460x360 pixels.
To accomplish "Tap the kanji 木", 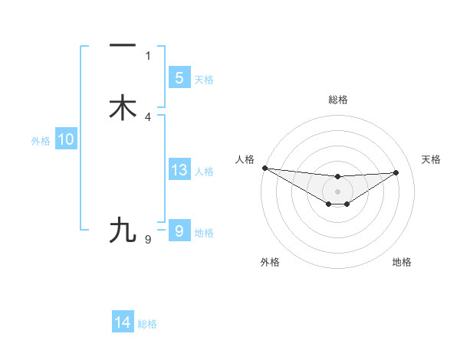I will click(123, 108).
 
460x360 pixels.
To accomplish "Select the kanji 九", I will click(123, 230).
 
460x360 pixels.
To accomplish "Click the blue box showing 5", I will click(179, 77).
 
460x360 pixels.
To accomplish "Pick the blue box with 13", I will click(179, 170).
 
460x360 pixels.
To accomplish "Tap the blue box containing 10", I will click(66, 139).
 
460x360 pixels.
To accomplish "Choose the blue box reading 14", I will click(123, 322).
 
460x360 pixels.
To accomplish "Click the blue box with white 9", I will click(179, 231).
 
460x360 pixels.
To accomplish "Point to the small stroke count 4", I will click(148, 116).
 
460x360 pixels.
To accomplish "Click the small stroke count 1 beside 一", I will click(148, 55).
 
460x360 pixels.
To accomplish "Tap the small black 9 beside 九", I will click(148, 240).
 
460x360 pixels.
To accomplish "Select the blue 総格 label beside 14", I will click(147, 324).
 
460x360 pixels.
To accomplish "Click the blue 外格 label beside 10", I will click(41, 141).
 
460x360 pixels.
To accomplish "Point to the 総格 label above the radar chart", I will click(338, 100).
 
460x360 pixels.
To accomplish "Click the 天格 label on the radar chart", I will click(432, 159).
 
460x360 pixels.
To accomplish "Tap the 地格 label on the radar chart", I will click(402, 262).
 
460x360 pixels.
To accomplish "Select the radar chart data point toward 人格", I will click(264, 168).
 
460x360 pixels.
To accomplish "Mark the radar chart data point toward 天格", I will click(396, 172).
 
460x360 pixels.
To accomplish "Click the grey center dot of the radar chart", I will click(337, 191).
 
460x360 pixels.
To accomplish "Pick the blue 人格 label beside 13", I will click(205, 172).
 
